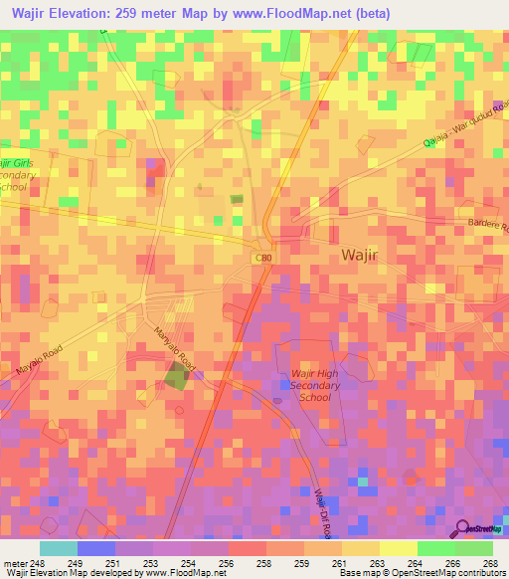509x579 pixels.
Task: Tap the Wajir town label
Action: (359, 255)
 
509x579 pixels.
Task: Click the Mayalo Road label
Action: (38, 361)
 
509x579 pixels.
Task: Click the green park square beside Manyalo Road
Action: (177, 376)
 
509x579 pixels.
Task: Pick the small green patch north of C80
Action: (236, 200)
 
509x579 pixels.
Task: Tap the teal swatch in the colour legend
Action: (58, 548)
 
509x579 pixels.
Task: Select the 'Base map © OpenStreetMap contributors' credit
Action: (421, 573)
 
